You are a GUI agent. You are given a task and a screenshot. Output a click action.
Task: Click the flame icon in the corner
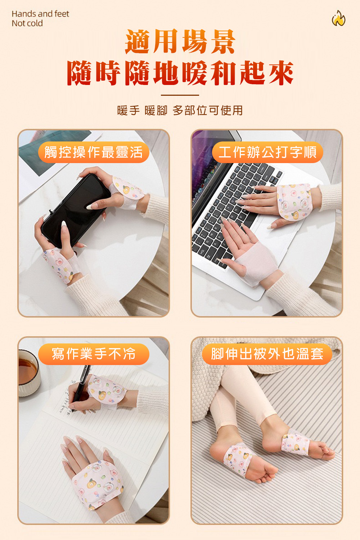(x=338, y=18)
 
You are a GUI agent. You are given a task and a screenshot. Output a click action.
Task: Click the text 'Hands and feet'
(x=40, y=14)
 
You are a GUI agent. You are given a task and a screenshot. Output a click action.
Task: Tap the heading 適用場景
(x=180, y=41)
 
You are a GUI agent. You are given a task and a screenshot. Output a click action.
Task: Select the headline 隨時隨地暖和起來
(x=180, y=73)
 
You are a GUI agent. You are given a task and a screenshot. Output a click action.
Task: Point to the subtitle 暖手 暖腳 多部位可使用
(x=180, y=111)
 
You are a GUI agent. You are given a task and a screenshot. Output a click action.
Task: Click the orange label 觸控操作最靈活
(x=94, y=152)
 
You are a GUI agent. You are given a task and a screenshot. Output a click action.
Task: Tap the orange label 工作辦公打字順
(x=267, y=152)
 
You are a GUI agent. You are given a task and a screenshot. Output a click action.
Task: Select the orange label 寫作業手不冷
(x=94, y=354)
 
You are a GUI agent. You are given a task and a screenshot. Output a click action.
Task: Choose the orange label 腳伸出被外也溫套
(x=267, y=354)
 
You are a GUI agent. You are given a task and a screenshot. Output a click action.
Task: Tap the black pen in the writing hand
(x=80, y=388)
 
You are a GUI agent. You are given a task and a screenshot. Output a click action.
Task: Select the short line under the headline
(x=180, y=95)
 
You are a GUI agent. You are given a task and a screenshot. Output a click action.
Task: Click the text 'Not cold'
(x=27, y=23)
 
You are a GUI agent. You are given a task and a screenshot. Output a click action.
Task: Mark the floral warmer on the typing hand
(x=294, y=202)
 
